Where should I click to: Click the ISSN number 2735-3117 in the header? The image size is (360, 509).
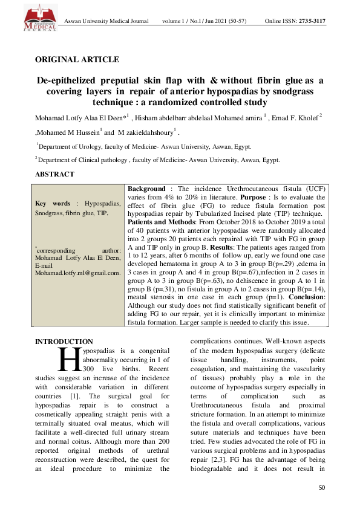[x=309, y=21]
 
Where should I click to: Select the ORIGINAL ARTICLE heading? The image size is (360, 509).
[x=77, y=59]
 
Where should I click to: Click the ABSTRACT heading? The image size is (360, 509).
[x=55, y=174]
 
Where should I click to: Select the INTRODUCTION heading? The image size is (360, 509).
[x=64, y=342]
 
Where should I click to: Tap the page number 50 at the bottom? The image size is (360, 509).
[x=321, y=487]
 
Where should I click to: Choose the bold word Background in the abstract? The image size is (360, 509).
[x=146, y=189]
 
